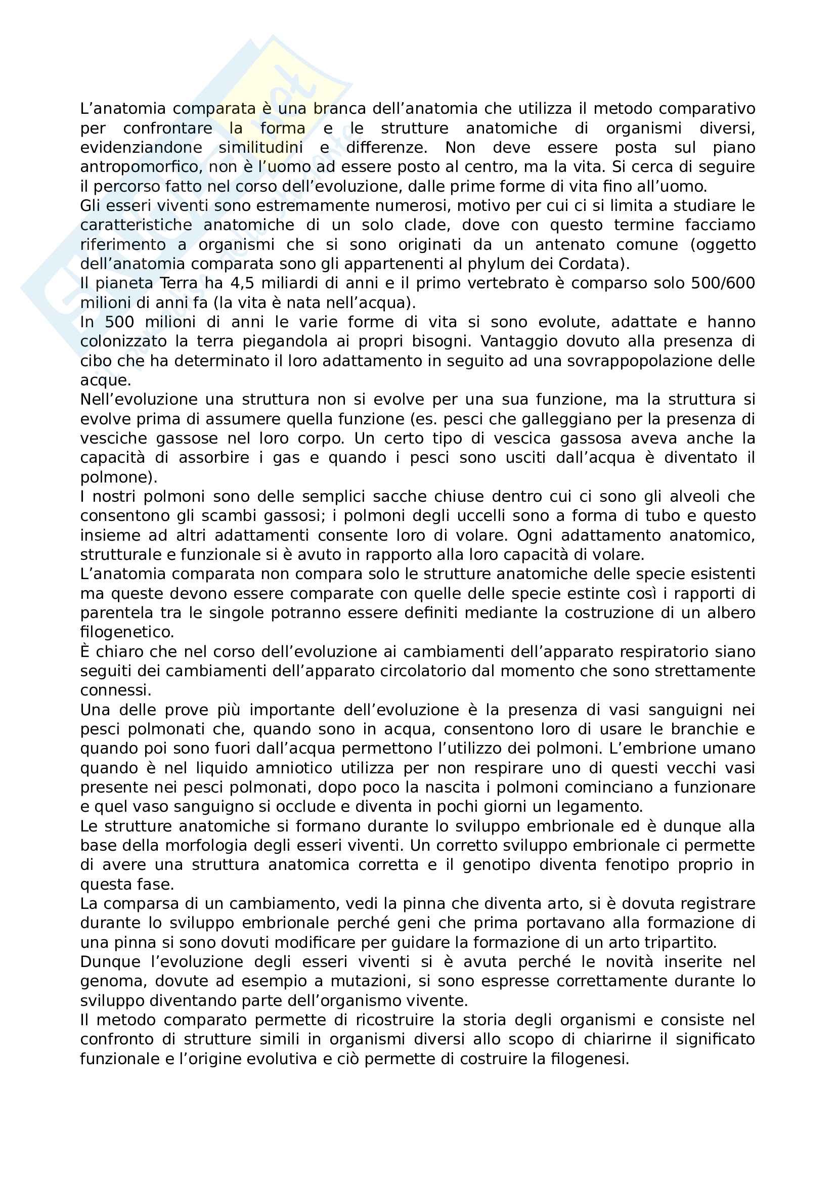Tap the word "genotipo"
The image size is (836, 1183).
(x=496, y=864)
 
